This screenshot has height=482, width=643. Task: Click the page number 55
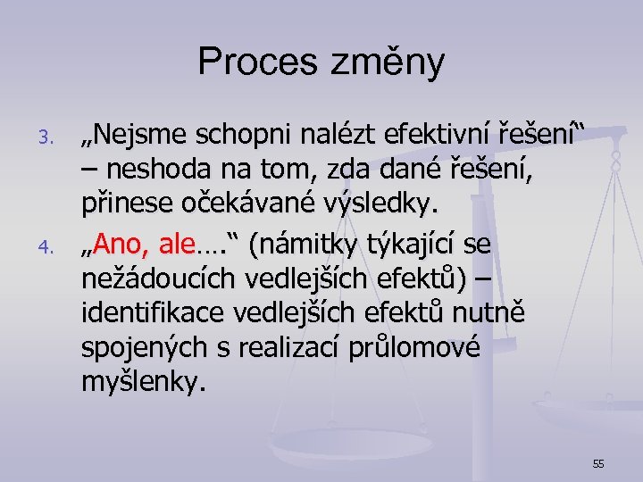597,463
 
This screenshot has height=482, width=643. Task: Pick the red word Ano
114,242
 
